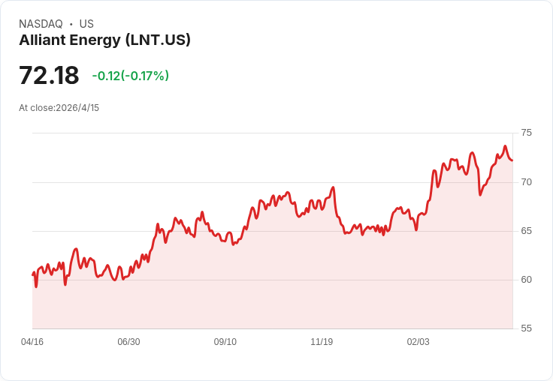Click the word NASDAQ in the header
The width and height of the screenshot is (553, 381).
coord(41,24)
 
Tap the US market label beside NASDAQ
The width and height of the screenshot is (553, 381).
coord(86,24)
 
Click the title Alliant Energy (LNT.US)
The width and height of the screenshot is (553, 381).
coord(104,40)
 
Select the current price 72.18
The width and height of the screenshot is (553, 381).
coord(49,76)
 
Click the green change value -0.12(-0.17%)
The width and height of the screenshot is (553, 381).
coord(130,76)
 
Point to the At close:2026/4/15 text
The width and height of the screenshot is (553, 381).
coord(59,108)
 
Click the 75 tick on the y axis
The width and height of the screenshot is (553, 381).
coord(526,133)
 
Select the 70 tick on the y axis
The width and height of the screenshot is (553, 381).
coord(526,181)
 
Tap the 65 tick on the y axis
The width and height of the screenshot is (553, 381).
coord(526,230)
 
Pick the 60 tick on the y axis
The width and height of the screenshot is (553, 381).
coord(526,279)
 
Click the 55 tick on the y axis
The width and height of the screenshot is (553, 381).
coord(526,328)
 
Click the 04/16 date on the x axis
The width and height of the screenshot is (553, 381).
coord(32,342)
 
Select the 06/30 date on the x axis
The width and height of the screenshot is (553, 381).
coord(128,342)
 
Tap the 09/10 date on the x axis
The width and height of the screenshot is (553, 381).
coord(225,342)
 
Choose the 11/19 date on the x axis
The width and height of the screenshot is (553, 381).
coord(322,342)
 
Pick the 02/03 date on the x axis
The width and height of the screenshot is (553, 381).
coord(419,342)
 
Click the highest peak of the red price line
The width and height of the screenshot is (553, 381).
coord(505,146)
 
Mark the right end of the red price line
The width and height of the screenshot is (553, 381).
coord(512,160)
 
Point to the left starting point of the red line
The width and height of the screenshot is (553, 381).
coord(32,274)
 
